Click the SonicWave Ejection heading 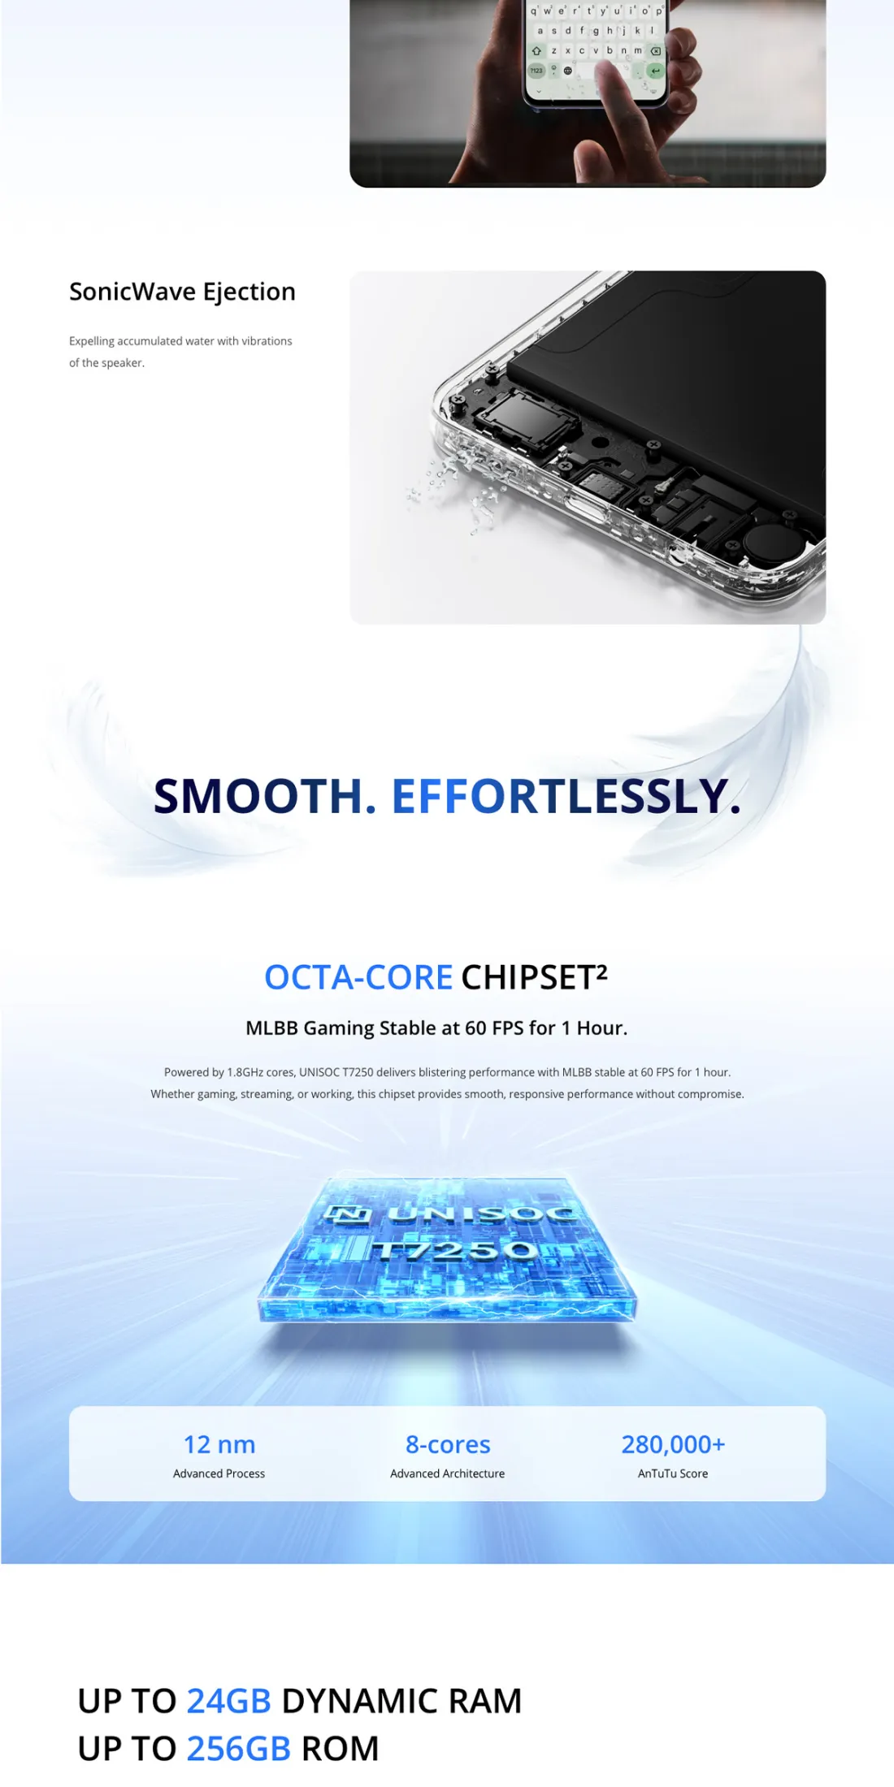tap(182, 292)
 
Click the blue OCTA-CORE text tap(358, 977)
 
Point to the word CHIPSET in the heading tap(529, 977)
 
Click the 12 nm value tap(219, 1444)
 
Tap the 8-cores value tap(448, 1444)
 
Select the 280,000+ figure tap(673, 1444)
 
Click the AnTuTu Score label tap(673, 1473)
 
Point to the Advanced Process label tap(219, 1473)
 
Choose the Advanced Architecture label tap(448, 1473)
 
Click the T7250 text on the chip tap(455, 1249)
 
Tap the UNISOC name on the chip tap(482, 1214)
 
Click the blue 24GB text tap(228, 1701)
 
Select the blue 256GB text tap(238, 1749)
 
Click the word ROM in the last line tap(341, 1749)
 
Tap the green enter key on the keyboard tap(655, 71)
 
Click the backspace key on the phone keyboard tap(655, 50)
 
